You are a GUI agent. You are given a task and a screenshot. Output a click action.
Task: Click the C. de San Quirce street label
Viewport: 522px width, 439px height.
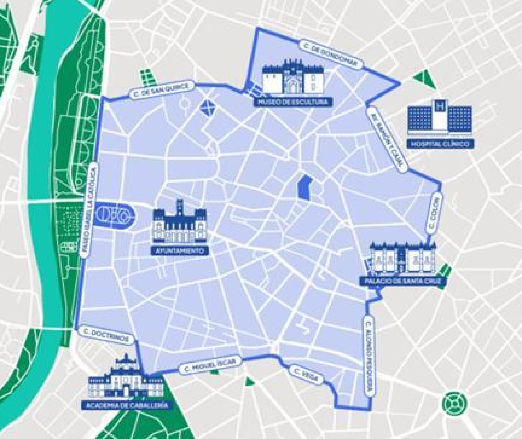coord(162,89)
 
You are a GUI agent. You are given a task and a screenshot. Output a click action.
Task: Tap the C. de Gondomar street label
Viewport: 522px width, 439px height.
coord(331,54)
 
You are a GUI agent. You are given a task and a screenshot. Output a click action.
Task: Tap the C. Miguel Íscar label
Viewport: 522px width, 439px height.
coord(211,365)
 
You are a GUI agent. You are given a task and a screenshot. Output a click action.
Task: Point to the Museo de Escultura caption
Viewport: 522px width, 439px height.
coord(293,102)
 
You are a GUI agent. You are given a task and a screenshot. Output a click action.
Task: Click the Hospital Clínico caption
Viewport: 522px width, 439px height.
coord(440,144)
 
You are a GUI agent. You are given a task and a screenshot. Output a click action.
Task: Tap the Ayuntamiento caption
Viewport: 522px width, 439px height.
coord(180,251)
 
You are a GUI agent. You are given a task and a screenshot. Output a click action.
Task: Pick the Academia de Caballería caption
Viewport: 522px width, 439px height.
coord(125,405)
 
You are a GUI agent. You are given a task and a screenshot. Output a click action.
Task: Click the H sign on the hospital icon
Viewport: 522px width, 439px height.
coord(440,106)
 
